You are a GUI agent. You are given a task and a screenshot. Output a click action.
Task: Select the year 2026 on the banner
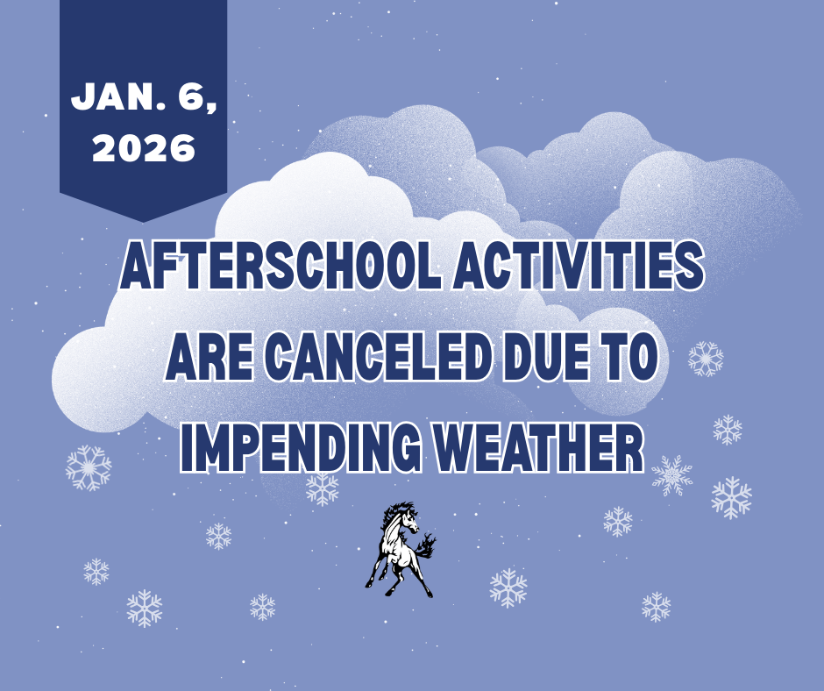(x=143, y=147)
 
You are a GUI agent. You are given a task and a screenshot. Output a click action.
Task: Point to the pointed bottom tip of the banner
(x=143, y=220)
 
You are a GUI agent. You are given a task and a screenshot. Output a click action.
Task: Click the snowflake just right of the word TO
(x=706, y=359)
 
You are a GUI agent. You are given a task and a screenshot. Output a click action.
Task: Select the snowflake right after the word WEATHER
(x=672, y=474)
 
